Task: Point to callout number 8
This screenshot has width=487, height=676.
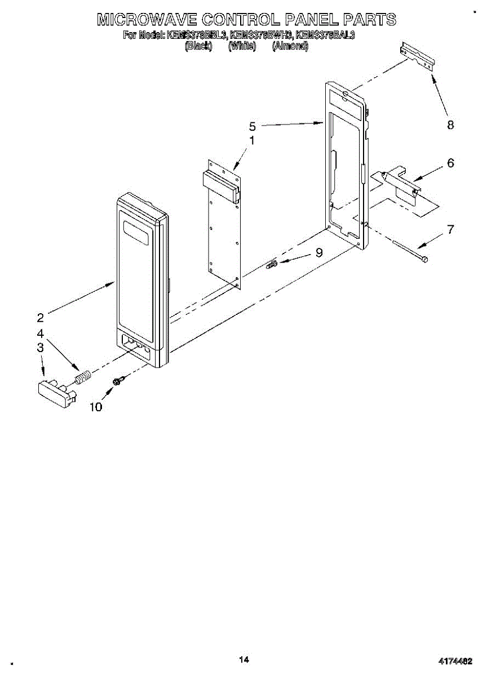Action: (x=450, y=125)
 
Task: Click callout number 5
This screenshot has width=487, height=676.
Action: (x=253, y=126)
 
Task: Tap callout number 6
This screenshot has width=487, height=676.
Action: (x=450, y=163)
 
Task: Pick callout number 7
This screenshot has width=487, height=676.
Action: (x=450, y=229)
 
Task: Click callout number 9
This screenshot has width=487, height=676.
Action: (x=319, y=253)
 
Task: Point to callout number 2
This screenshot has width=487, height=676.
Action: (x=41, y=317)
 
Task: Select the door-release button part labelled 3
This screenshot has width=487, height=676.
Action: (x=56, y=390)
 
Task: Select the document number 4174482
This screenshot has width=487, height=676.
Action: (x=456, y=661)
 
